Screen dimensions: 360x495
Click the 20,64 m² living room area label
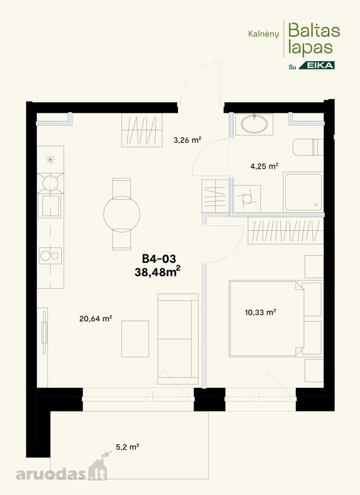click(x=96, y=318)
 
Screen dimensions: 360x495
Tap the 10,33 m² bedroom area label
click(x=261, y=312)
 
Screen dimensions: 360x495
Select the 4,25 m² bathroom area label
click(x=264, y=166)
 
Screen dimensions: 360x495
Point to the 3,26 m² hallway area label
click(x=187, y=140)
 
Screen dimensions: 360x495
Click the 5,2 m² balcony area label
click(x=128, y=447)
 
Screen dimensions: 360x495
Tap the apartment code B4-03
click(x=159, y=259)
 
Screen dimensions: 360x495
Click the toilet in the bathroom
click(x=308, y=147)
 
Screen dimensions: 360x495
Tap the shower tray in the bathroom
click(x=303, y=191)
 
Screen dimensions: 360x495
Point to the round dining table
click(x=121, y=214)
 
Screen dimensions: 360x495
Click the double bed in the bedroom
click(x=267, y=318)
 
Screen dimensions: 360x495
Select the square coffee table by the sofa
click(x=135, y=339)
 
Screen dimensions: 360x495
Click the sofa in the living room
click(x=178, y=339)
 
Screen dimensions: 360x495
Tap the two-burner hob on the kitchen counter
click(x=50, y=256)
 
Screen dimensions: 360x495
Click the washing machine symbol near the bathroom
click(x=247, y=199)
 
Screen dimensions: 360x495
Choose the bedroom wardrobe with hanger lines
click(x=286, y=230)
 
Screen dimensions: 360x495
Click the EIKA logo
click(x=317, y=65)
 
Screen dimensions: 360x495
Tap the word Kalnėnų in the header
click(x=263, y=34)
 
